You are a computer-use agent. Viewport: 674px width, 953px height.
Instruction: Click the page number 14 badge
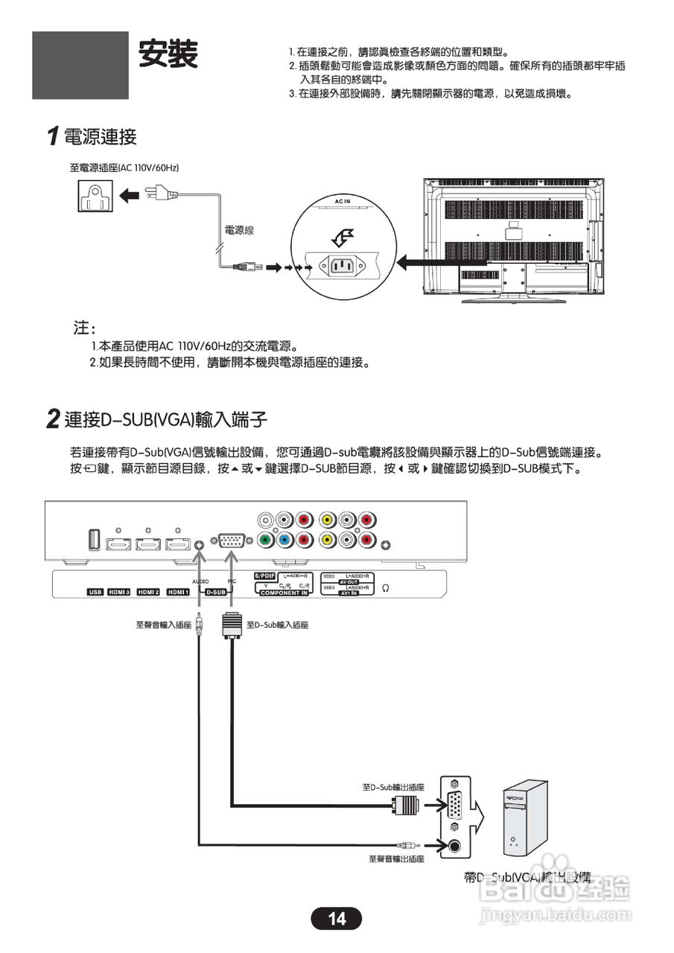[337, 919]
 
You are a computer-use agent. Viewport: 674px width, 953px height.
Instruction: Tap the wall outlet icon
[95, 195]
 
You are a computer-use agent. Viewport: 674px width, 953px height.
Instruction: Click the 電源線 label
[238, 230]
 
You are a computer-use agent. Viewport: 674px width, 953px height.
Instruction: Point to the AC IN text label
[343, 203]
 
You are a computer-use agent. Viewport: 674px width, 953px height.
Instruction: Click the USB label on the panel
[95, 592]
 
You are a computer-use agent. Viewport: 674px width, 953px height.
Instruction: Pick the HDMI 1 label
[177, 592]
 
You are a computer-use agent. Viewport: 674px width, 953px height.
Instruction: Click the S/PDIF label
[265, 576]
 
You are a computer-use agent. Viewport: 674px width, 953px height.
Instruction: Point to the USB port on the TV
[95, 540]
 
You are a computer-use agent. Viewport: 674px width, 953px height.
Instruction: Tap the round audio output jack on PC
[455, 845]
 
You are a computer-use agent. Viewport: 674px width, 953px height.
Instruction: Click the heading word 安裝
[168, 54]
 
